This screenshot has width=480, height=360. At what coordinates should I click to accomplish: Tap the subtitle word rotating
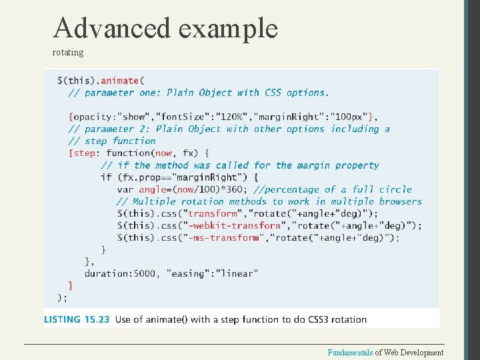tap(68, 52)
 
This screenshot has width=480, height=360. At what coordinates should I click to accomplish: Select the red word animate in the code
tap(120, 81)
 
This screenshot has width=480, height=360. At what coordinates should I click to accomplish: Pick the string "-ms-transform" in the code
tap(223, 237)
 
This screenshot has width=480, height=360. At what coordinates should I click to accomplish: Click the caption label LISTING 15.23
tap(77, 319)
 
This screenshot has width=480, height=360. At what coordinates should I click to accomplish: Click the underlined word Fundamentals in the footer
tap(351, 353)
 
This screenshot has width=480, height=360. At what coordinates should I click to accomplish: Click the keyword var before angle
tap(125, 189)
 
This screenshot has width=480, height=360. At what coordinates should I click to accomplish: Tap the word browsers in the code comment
tap(400, 201)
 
